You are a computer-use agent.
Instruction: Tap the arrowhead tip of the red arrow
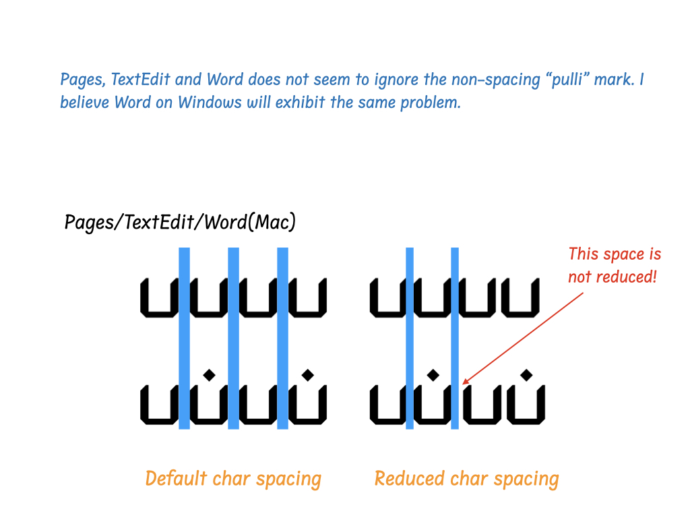point(464,383)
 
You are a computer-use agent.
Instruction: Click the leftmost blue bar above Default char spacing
point(184,337)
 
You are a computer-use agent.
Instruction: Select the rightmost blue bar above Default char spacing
point(282,337)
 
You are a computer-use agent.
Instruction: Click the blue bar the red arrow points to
point(455,337)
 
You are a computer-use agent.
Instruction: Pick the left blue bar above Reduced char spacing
point(409,337)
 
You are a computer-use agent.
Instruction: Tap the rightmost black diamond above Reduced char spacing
point(527,374)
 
